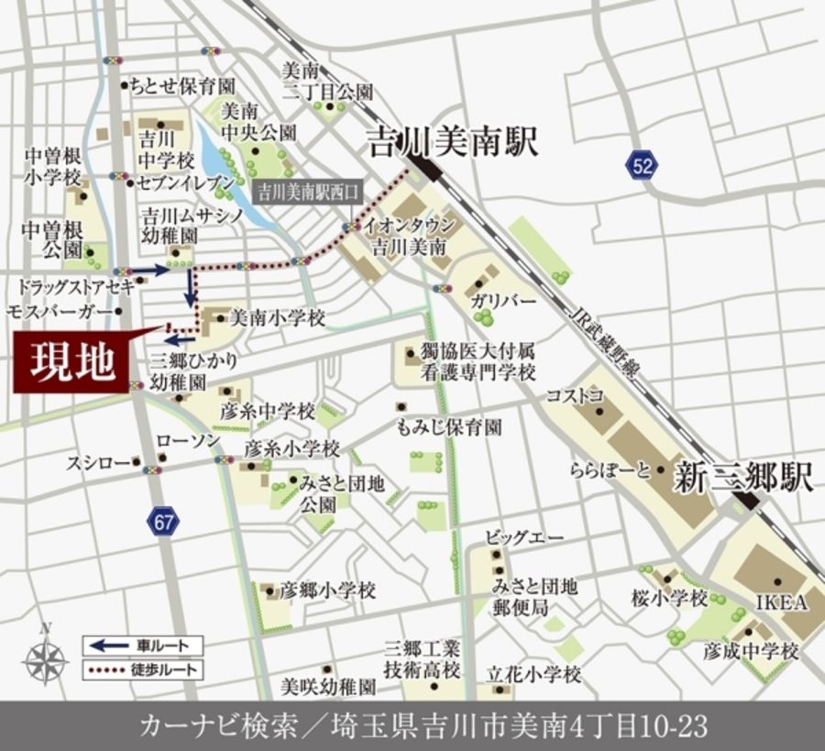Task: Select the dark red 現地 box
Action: coord(72,362)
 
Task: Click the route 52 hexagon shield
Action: coord(644,165)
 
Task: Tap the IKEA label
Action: coord(781,602)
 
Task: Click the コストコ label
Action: coord(575,395)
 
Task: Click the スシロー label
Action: coord(96,463)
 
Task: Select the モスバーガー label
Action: coord(60,311)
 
